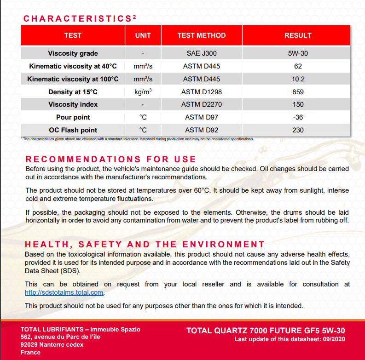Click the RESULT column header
point(298,35)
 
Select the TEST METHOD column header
point(201,35)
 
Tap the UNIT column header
point(143,35)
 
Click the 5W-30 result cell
point(298,53)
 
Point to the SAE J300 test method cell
point(201,53)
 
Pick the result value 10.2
point(298,79)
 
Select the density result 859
point(298,92)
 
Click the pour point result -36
point(298,117)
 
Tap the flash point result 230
point(298,130)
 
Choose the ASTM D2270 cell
point(201,104)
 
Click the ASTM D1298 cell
point(201,92)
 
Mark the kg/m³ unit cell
point(143,92)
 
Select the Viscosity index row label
point(73,104)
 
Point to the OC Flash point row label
point(73,130)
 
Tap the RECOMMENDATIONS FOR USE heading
point(110,160)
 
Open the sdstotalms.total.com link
point(64,292)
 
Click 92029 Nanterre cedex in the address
point(52,344)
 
